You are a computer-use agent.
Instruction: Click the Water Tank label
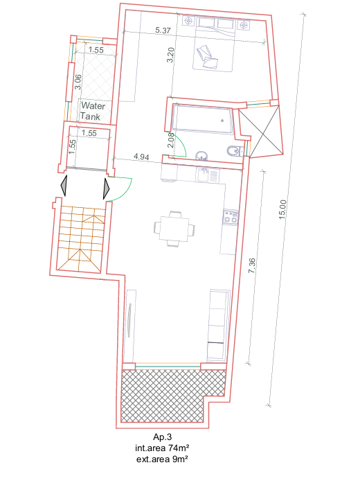point(92,111)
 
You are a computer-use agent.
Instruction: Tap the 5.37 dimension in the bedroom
point(163,30)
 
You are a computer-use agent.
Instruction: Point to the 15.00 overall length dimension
point(282,209)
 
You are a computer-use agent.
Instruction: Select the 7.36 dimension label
point(252,265)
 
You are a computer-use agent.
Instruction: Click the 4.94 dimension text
point(141,157)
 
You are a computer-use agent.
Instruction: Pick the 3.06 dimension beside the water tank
point(78,82)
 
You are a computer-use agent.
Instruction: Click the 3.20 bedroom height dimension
point(170,55)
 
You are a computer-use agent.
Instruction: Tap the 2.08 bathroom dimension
point(171,140)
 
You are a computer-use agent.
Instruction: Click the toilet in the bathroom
point(235,151)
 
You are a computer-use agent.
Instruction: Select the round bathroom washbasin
point(201,156)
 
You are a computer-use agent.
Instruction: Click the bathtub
point(202,119)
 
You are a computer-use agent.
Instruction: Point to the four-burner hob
point(231,216)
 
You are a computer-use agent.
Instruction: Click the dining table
point(174,229)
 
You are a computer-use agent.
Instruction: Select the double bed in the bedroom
point(214,44)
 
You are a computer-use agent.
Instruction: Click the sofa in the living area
point(219,325)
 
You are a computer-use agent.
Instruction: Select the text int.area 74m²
point(162,448)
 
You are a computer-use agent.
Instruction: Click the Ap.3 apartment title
point(162,437)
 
